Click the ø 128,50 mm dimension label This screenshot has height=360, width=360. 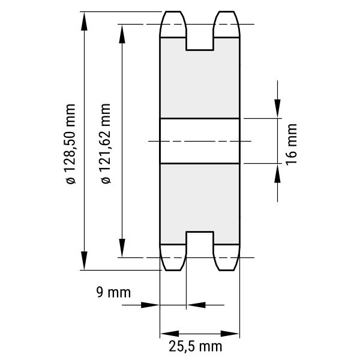(x=70, y=144)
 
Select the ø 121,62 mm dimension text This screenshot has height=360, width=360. (x=106, y=143)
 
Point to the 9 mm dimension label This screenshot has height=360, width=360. (x=113, y=292)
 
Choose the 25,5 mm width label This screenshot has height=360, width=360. (x=196, y=346)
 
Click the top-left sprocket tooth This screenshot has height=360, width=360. (x=173, y=24)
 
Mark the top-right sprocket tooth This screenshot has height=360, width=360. (x=227, y=24)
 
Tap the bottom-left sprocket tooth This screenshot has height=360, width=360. (x=173, y=257)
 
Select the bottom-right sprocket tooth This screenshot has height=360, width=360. (x=227, y=257)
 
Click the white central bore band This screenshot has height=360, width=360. (x=200, y=141)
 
